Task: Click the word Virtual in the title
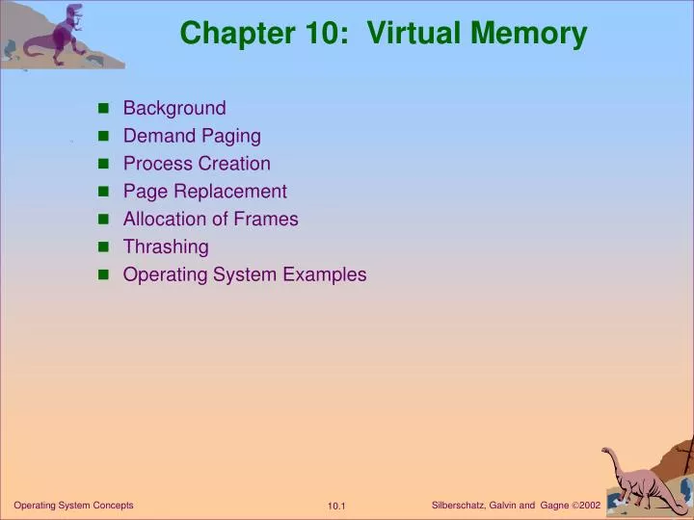pos(415,34)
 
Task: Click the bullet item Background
pos(174,108)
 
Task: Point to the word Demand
pos(158,136)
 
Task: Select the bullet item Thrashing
pos(166,247)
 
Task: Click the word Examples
pos(325,274)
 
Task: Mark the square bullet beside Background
pos(104,109)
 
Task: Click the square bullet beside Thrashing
pos(104,247)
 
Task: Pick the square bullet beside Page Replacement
pos(104,192)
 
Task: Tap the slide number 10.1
pos(336,507)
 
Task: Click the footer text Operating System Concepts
pos(73,506)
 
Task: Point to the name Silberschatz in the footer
pos(462,506)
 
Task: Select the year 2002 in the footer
pos(590,506)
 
